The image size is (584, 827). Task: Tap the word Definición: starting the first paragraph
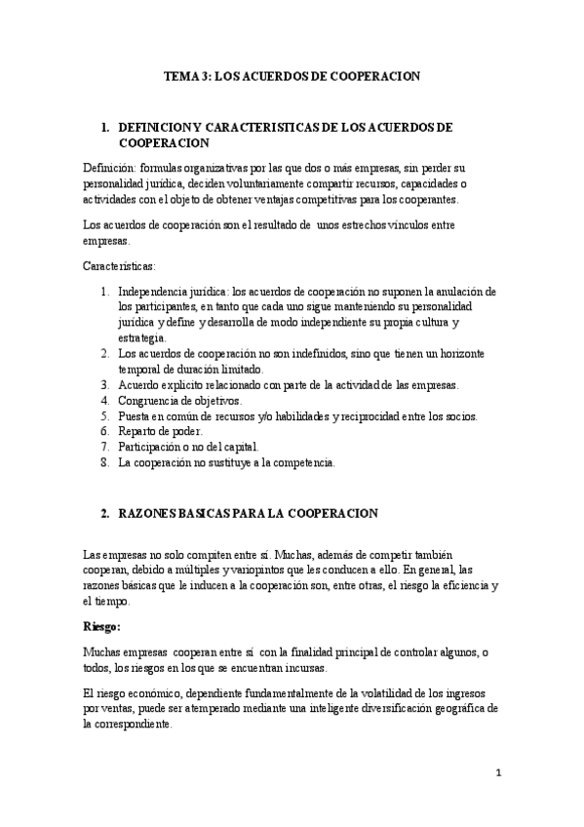(x=113, y=168)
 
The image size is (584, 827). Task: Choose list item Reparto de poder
(x=160, y=430)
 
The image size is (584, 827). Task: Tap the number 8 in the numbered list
(x=104, y=461)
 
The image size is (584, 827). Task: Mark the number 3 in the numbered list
(x=104, y=385)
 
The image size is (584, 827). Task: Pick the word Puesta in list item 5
(x=136, y=416)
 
